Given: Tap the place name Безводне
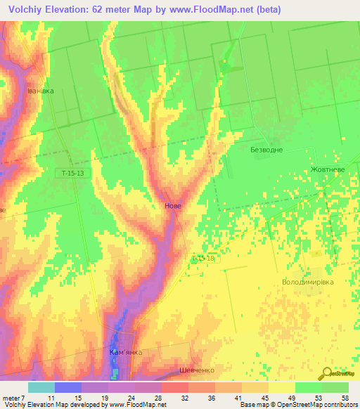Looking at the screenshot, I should point(266,150).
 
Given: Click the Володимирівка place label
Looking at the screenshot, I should point(307,281).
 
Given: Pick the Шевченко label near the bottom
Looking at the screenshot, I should point(196,369).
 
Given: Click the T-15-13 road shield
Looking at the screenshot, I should point(72,173).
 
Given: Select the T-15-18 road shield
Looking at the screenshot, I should point(202,259).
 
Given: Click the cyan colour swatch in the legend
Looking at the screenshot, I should point(41,387).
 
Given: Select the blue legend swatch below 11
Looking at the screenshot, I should point(67,387).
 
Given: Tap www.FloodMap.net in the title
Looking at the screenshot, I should point(214,10).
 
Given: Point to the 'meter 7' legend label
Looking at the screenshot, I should point(12,397).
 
